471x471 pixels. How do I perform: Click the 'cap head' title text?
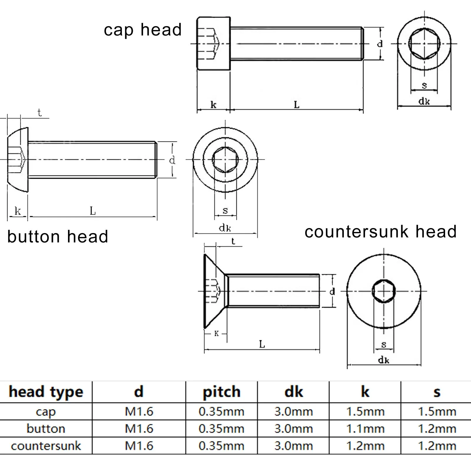point(142,30)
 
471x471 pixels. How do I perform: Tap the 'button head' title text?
point(58,237)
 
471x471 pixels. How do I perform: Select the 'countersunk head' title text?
point(380,232)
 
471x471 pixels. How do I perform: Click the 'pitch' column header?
point(221,392)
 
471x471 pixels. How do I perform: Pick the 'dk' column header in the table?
point(293,392)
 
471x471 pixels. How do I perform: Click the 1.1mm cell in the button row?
point(365,429)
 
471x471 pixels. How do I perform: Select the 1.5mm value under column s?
point(437,412)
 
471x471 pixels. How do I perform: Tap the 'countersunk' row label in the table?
point(46,446)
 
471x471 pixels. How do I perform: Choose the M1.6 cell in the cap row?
point(139,412)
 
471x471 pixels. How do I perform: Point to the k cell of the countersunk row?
point(365,446)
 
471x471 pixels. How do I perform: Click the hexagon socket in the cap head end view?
point(424,44)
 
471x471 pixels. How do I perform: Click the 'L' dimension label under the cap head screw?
point(297,105)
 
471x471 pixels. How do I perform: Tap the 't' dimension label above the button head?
point(39,113)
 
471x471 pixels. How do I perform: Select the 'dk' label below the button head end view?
point(225,228)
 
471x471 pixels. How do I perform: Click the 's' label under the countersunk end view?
point(384,344)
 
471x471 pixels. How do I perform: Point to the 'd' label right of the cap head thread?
point(380,44)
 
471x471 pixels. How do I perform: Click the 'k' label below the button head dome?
point(18,211)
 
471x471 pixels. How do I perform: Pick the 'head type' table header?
point(46,392)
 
